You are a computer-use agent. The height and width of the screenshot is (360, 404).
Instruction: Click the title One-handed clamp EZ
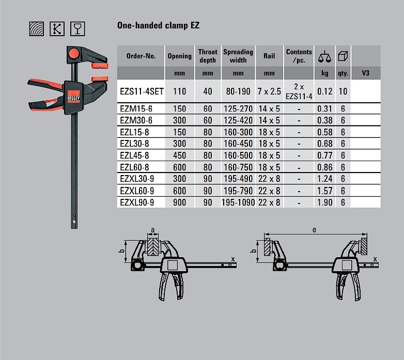(158, 25)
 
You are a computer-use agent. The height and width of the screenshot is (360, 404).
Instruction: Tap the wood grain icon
(37, 28)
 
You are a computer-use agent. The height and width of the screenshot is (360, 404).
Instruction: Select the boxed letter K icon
(57, 28)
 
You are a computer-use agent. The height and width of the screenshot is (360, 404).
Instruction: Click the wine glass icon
(77, 28)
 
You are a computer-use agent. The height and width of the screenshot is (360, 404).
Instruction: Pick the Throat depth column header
(208, 56)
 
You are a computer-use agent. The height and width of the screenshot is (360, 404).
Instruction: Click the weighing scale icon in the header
(324, 56)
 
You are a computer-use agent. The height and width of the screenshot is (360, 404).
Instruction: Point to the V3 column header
(366, 73)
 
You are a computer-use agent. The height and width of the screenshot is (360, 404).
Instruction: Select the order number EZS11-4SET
(142, 91)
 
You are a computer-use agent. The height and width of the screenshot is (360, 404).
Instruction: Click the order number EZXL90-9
(137, 202)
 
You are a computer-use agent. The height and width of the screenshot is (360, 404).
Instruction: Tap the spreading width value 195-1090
(238, 202)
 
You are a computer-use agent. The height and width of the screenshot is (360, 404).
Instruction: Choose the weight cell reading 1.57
(324, 191)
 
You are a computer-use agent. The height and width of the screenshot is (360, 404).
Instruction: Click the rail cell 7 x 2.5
(269, 91)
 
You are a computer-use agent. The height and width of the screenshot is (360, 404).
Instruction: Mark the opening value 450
(179, 155)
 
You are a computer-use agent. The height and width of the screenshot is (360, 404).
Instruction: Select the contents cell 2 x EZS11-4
(299, 91)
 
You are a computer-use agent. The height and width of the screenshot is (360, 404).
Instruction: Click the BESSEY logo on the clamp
(74, 98)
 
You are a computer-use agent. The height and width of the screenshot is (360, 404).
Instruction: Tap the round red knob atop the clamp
(74, 54)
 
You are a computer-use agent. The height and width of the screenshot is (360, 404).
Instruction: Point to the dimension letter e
(314, 230)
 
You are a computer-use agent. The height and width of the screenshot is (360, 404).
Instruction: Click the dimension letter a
(153, 230)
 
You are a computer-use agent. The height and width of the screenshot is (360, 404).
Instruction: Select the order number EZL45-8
(134, 155)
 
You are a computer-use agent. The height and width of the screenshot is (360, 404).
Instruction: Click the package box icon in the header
(343, 56)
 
